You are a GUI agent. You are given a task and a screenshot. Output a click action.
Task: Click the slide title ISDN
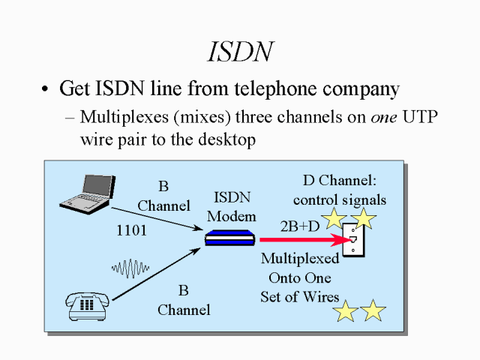click(x=239, y=51)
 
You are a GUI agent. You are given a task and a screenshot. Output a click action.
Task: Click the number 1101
click(x=131, y=231)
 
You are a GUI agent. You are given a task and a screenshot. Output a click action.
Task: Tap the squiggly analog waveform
click(x=132, y=268)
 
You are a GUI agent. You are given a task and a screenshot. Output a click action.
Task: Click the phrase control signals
click(x=339, y=199)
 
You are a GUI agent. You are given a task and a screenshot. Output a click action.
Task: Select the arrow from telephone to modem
click(x=157, y=276)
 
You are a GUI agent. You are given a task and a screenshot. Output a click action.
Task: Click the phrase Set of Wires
click(x=300, y=296)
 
